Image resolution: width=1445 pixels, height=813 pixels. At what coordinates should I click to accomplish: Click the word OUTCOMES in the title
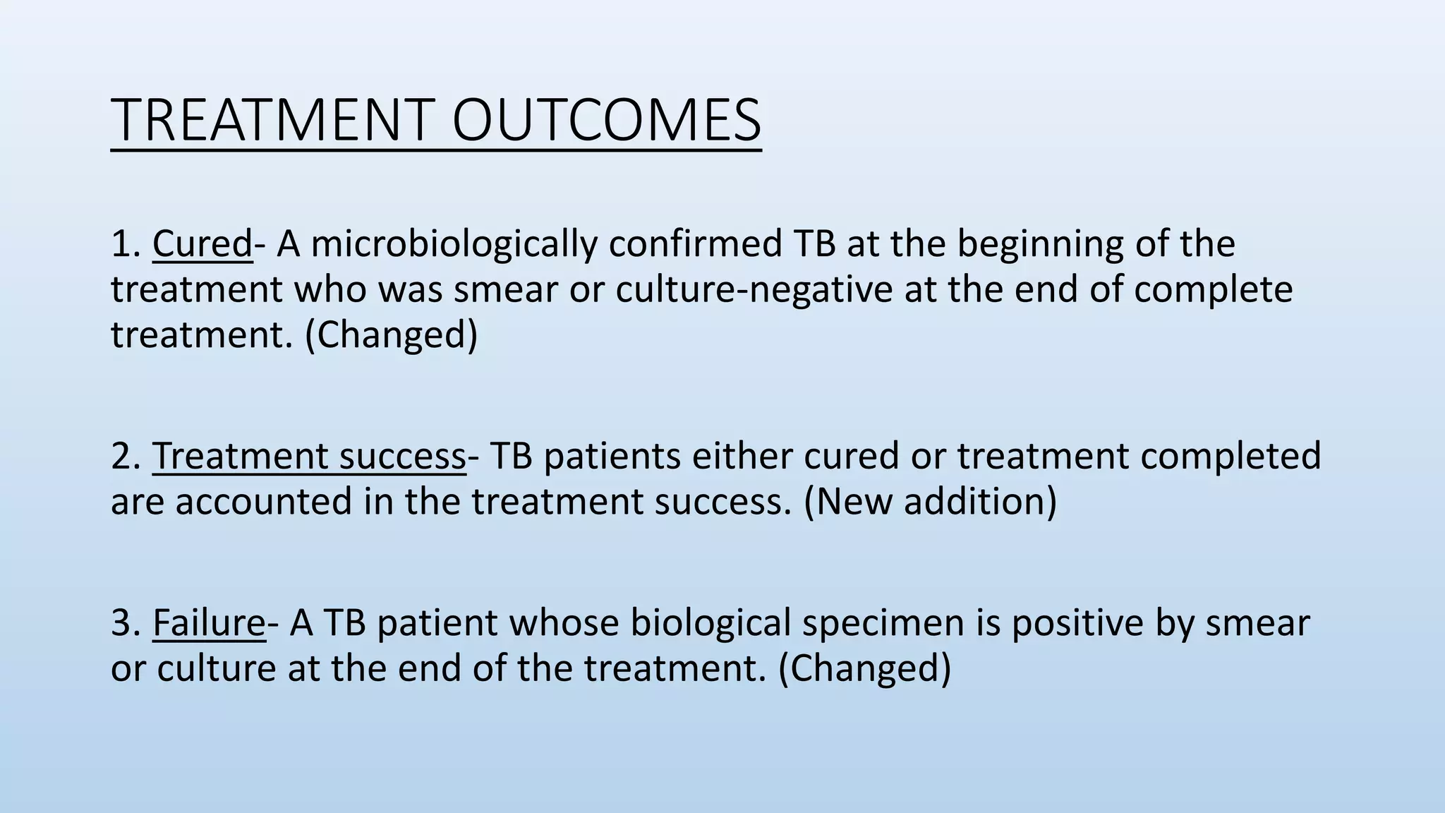(x=606, y=120)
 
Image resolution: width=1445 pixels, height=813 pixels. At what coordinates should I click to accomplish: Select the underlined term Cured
(x=202, y=243)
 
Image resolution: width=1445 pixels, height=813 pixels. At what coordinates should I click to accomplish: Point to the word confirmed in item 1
(x=695, y=243)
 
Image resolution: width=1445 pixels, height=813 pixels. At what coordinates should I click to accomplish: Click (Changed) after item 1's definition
(x=391, y=335)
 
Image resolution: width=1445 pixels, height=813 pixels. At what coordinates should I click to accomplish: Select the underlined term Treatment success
(x=309, y=456)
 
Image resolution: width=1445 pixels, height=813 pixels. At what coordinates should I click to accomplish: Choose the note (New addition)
(x=930, y=502)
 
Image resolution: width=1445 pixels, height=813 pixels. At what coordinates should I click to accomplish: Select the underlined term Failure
(x=208, y=623)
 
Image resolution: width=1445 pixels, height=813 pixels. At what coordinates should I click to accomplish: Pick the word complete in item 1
(x=1213, y=290)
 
